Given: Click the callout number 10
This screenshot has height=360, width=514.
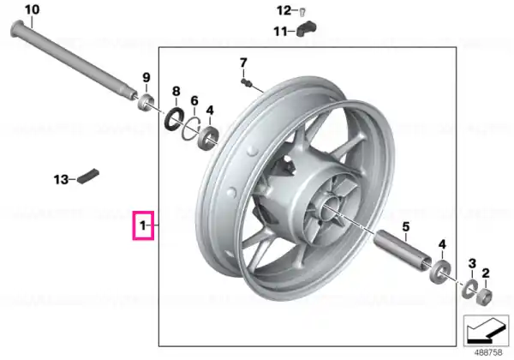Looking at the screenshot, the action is point(33,9).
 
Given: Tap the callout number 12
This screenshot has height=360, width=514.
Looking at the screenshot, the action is point(284,11).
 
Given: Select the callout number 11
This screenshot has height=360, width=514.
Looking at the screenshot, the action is point(280,32).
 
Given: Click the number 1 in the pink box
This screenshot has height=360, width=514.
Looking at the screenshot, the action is point(142,225).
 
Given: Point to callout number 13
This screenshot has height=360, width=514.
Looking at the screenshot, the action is point(61,180).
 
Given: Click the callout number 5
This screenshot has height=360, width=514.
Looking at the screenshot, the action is point(406,226).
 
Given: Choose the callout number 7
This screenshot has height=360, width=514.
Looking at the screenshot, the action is point(243,63).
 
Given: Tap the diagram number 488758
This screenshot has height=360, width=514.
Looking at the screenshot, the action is point(488,353).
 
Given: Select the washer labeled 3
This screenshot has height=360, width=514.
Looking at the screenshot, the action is point(470,289).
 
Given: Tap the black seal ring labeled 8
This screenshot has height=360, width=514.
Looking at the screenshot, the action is point(174,118).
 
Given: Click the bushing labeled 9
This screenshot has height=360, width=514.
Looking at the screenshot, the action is point(146,102).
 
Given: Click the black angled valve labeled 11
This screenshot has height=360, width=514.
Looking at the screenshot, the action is point(306,28).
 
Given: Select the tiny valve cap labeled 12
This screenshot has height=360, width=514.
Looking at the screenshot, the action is point(302,12).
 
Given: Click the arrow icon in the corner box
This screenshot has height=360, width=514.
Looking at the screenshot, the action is point(486,331).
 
